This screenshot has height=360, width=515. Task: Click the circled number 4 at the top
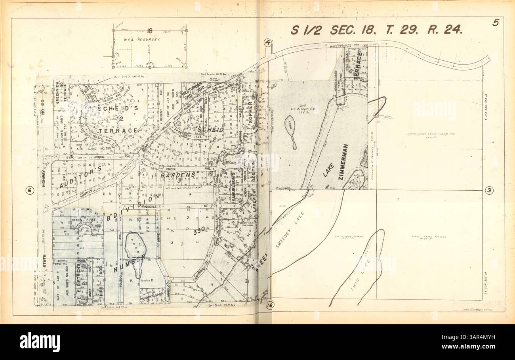pos(268,42)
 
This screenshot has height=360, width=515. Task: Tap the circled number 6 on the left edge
pos(29,190)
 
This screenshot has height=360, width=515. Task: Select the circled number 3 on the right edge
pos(489,190)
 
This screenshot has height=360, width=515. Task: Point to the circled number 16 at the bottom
pos(270,304)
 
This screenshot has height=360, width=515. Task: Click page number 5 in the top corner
pos(495,23)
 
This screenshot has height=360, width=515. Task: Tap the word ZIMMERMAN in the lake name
pos(343,163)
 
